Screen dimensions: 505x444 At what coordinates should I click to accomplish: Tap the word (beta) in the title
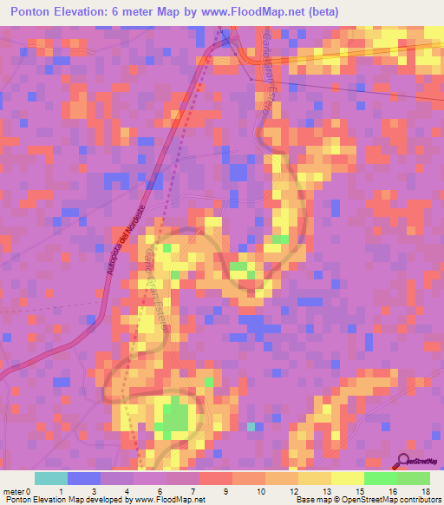tap(319, 12)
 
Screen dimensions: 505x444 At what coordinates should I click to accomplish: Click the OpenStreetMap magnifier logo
tap(404, 461)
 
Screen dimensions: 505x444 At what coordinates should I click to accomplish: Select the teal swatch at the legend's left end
tap(51, 478)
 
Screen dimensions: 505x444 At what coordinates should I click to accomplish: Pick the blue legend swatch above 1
tap(84, 478)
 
